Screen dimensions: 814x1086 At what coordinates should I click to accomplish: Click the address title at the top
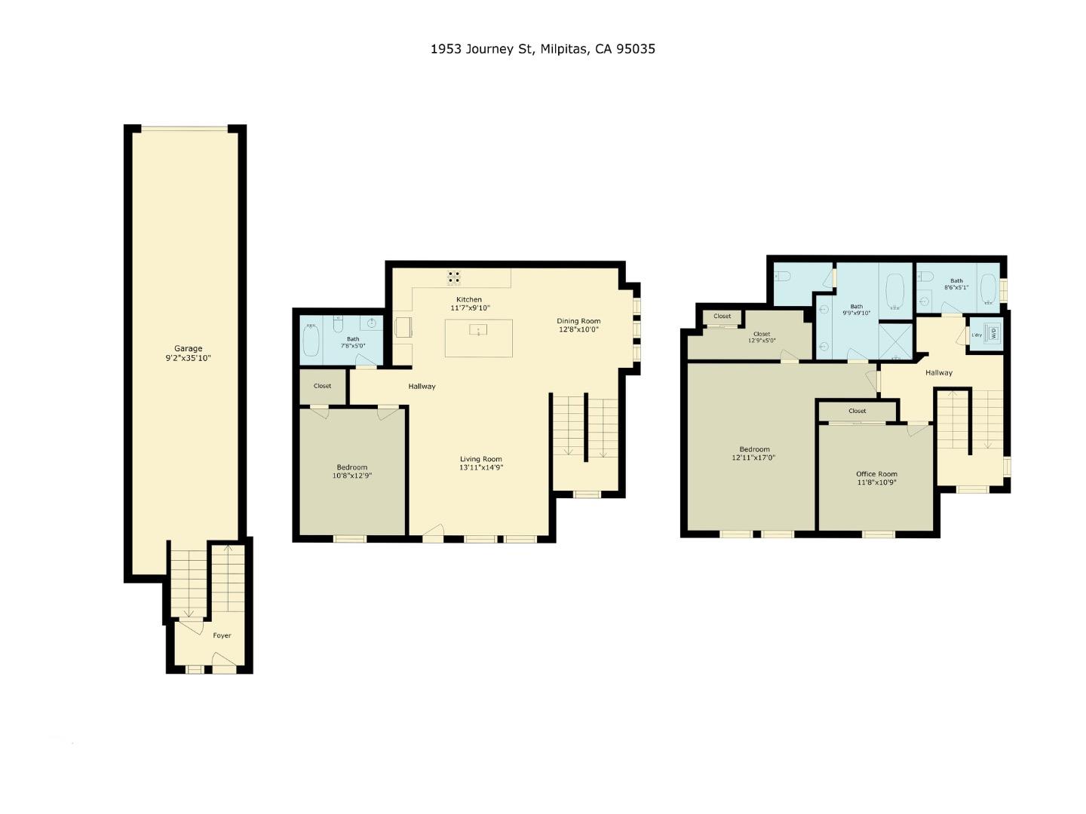click(x=542, y=49)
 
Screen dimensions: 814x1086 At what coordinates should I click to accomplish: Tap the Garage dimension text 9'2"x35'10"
click(x=189, y=358)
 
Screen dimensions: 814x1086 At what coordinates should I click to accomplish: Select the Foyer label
click(x=222, y=635)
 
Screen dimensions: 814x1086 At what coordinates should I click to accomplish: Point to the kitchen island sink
click(x=478, y=330)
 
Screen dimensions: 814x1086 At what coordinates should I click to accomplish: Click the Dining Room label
click(x=578, y=321)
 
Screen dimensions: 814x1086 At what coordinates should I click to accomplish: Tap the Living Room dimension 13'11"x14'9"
click(x=481, y=467)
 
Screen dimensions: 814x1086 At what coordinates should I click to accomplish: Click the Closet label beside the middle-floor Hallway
click(x=322, y=386)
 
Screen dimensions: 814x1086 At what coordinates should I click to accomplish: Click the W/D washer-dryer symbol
click(x=993, y=332)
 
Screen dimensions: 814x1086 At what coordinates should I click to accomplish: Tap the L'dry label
click(x=977, y=335)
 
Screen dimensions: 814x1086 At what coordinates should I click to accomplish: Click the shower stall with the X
click(x=896, y=340)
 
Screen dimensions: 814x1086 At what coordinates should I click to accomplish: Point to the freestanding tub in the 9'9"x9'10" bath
click(x=894, y=292)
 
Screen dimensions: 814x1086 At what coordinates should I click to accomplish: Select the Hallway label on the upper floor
click(x=938, y=372)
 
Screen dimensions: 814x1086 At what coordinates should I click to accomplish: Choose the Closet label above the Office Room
click(x=857, y=411)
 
